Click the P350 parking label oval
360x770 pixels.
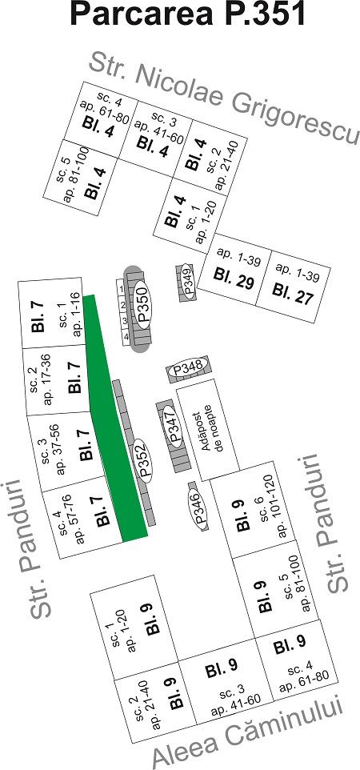[143, 304]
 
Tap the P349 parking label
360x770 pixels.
[186, 280]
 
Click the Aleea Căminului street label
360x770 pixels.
[248, 732]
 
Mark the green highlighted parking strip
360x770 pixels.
[114, 417]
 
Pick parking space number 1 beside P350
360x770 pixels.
[119, 290]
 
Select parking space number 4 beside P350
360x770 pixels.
[126, 337]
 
